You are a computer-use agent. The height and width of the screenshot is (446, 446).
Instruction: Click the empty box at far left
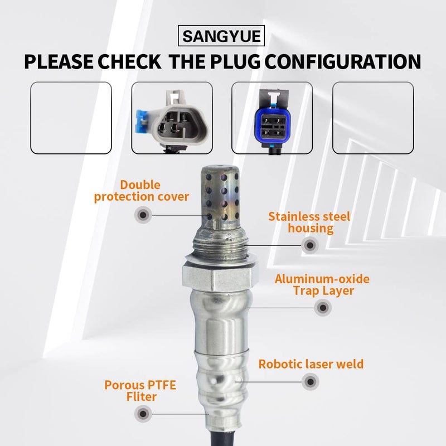[x=71, y=118]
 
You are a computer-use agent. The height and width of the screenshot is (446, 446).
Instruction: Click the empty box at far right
[x=372, y=118]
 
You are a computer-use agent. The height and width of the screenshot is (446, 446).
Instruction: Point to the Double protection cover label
[x=142, y=190]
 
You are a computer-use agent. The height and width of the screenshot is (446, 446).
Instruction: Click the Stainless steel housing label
[x=309, y=222]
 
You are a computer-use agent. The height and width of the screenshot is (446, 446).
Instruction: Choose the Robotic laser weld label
[x=311, y=364]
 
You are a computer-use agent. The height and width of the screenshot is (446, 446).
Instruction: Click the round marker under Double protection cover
[x=143, y=214]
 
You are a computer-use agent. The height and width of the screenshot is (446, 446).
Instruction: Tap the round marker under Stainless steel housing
[x=309, y=244]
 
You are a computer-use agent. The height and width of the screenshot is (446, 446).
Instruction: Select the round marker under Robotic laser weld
[x=310, y=382]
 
